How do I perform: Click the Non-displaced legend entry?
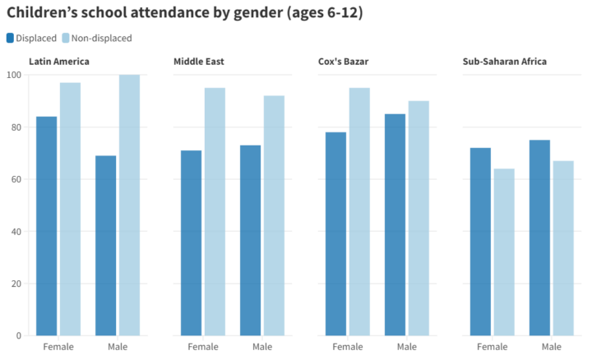(x=101, y=38)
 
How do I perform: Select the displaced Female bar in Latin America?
(x=47, y=226)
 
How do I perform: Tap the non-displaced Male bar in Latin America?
(x=129, y=205)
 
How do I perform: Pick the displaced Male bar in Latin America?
(x=106, y=245)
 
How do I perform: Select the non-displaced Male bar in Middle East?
(x=274, y=215)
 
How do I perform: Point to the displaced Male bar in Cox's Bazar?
(x=395, y=224)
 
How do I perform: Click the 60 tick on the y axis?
(x=16, y=179)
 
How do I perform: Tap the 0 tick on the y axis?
(x=18, y=335)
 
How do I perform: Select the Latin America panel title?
(x=59, y=62)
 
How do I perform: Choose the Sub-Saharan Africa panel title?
(x=505, y=62)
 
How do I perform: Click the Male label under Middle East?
(x=262, y=347)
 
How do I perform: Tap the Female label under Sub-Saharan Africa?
(x=492, y=347)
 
